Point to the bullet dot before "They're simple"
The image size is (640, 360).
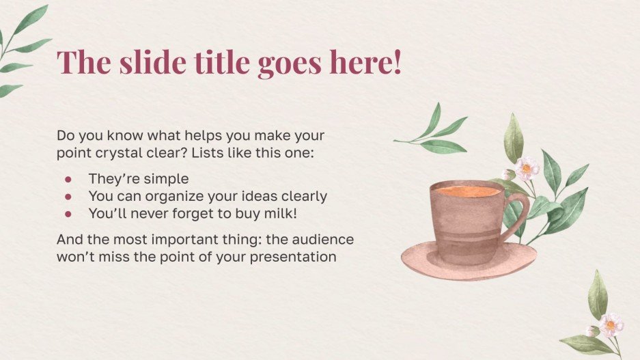68,179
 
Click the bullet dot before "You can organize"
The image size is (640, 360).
68,196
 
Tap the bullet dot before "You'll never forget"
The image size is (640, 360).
68,213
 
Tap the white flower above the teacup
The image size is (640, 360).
527,167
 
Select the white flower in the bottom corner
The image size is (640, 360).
611,324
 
